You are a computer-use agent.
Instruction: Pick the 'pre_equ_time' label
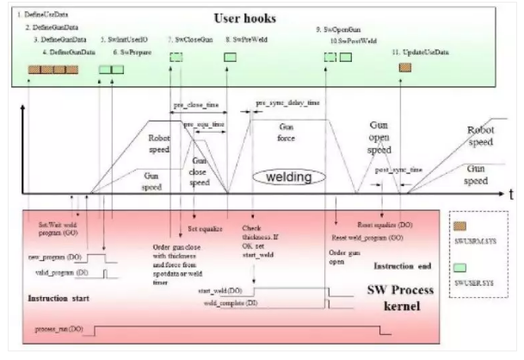204,125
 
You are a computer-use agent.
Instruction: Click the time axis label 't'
509,196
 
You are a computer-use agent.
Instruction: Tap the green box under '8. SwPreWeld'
231,57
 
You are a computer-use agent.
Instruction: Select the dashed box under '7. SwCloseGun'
176,57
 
